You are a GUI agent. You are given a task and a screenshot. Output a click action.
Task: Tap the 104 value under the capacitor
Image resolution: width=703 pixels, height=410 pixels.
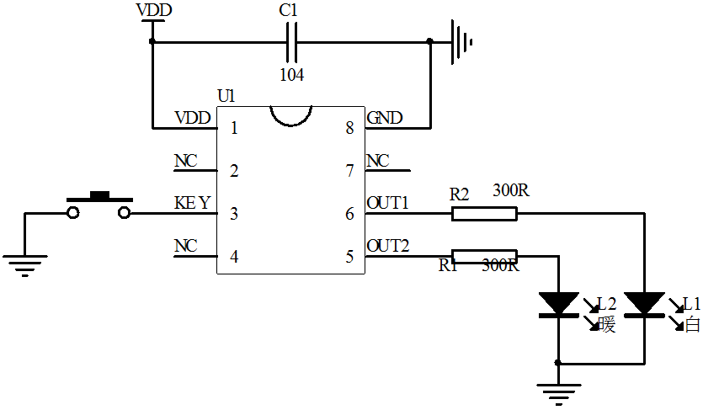point(292,74)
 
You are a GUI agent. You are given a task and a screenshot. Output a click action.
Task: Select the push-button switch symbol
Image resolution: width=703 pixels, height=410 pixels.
point(99,206)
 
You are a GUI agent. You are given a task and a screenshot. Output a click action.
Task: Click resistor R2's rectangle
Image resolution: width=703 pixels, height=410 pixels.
point(484,214)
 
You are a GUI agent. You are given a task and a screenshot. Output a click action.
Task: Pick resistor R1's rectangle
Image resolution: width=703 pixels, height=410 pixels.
point(484,256)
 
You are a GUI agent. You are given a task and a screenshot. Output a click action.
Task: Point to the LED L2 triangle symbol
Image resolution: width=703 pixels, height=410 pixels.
point(558,304)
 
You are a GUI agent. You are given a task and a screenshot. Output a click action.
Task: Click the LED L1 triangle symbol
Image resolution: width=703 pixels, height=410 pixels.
point(645,304)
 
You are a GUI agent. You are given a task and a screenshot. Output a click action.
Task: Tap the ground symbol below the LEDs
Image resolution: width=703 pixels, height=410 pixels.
point(558,392)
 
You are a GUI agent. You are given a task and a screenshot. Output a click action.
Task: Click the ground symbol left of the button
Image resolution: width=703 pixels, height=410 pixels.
point(24,267)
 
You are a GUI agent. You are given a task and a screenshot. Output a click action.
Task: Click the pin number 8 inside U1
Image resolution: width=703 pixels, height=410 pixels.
point(349,129)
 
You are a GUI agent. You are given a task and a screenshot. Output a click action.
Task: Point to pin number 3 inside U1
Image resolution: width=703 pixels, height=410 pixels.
point(233,214)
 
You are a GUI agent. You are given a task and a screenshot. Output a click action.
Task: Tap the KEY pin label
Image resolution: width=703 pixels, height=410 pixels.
point(192,203)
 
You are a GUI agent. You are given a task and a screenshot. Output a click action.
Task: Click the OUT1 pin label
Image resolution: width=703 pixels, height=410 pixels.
point(387,203)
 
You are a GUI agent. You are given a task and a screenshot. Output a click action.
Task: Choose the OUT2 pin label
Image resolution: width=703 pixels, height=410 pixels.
point(387,246)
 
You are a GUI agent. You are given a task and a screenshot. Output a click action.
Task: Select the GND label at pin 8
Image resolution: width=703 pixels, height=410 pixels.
point(384,117)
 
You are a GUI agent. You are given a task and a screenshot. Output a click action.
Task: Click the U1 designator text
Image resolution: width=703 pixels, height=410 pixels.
point(226,96)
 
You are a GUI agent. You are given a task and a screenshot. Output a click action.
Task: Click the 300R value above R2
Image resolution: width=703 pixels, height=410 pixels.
point(510,191)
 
